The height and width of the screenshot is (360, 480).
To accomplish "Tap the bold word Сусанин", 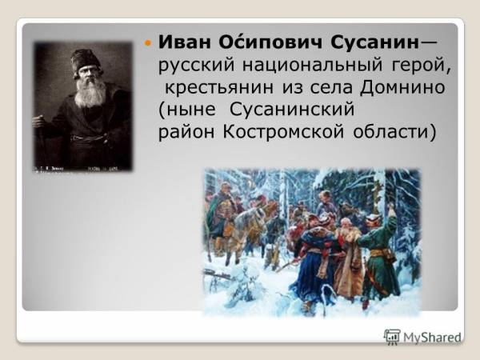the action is [374, 42].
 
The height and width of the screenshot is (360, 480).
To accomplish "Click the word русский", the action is [197, 66].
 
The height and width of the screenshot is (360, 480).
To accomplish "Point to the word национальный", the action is [312, 65].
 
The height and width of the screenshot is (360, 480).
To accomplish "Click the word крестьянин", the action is [219, 87].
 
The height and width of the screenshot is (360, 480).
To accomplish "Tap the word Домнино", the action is [402, 87].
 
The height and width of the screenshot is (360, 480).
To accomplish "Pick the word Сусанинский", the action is [292, 109].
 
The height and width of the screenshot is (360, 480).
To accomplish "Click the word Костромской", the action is [283, 132].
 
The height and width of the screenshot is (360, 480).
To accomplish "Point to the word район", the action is [186, 132].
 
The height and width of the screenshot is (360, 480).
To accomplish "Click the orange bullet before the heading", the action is [148, 43].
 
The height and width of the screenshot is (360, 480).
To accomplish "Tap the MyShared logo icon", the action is [392, 337].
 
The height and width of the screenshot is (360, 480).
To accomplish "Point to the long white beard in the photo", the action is [90, 90].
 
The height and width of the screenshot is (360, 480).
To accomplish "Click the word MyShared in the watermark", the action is [432, 338].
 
